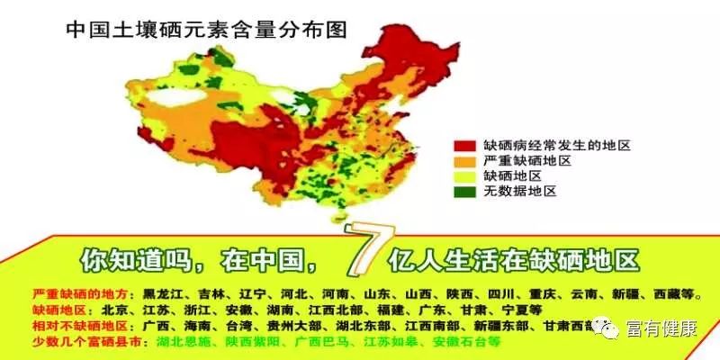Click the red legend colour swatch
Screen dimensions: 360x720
(x=464, y=144)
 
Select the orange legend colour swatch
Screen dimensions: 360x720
(x=464, y=160)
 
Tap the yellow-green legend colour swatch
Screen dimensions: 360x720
(x=464, y=175)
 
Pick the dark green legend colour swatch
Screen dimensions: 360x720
(x=464, y=192)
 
